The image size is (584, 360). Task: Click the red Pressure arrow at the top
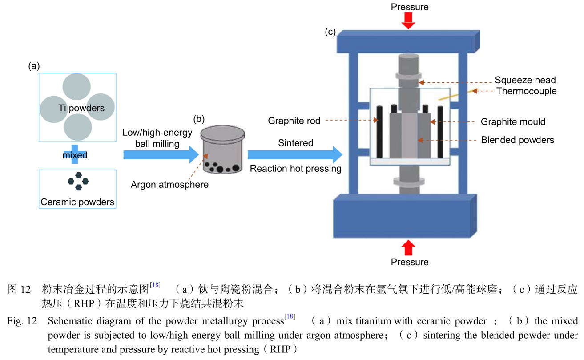408,20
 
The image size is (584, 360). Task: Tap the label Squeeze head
525,80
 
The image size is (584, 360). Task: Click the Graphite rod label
294,121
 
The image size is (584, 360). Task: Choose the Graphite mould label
513,121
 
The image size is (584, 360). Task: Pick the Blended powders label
517,140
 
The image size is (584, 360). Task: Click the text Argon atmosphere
169,184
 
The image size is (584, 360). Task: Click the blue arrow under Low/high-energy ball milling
160,154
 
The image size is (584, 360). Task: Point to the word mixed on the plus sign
75,155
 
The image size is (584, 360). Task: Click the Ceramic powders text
77,202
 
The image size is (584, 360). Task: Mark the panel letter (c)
330,32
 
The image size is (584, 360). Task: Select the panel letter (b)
199,119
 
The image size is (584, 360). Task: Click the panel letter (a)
34,66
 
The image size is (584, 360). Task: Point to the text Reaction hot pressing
295,169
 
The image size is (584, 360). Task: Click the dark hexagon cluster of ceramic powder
78,181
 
